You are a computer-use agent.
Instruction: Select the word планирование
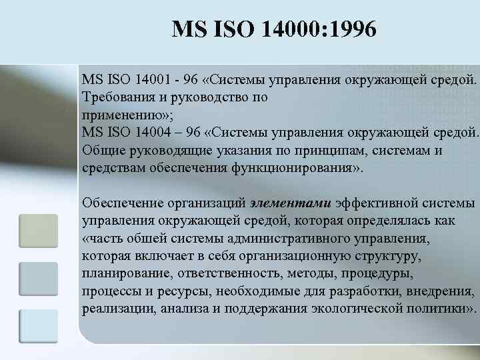[123, 273]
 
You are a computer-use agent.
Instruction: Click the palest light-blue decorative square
[38, 326]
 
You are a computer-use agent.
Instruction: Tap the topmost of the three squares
[38, 231]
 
